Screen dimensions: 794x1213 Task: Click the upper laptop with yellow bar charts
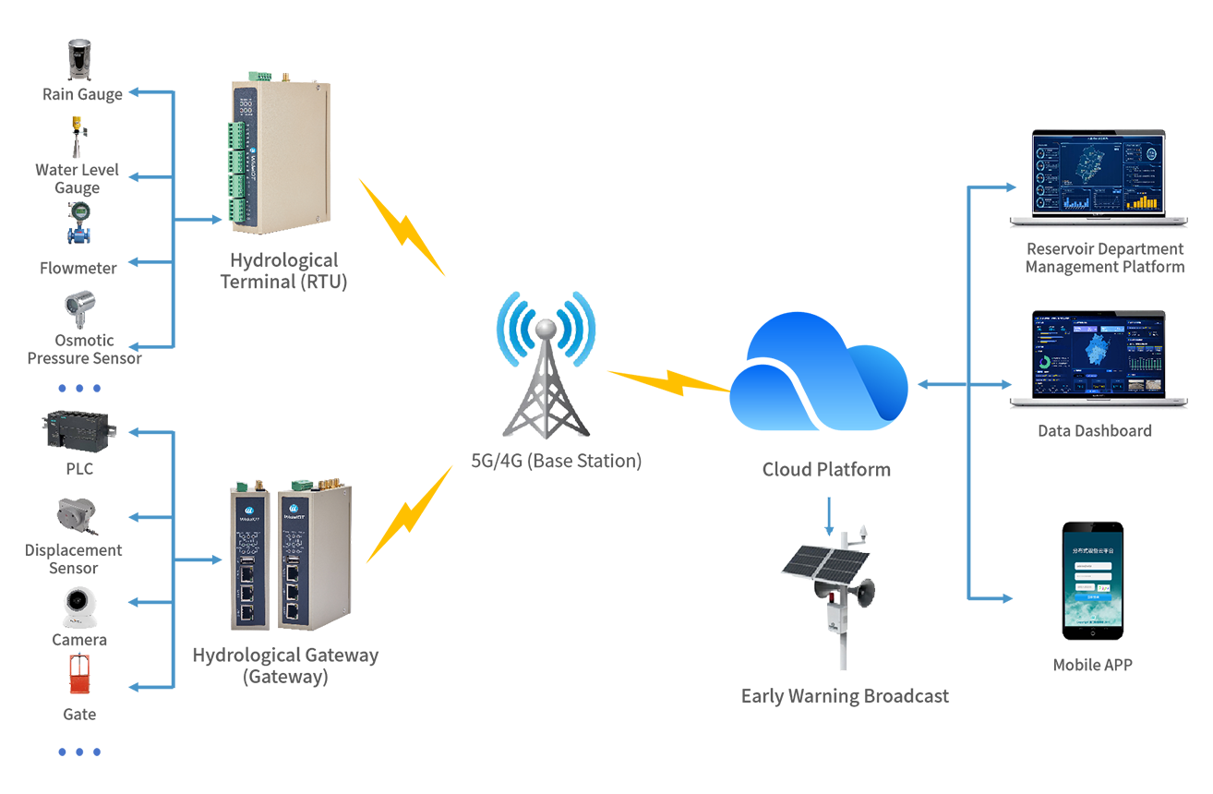[1097, 178]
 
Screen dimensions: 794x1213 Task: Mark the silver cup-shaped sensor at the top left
[81, 55]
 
